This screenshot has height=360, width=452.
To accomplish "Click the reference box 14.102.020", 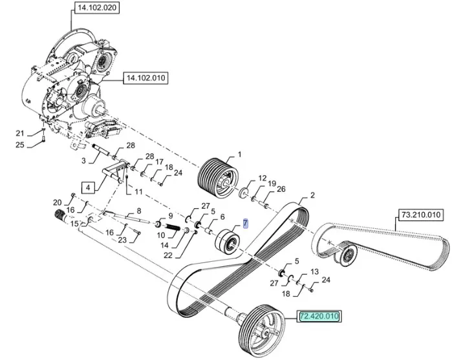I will tap(97, 8).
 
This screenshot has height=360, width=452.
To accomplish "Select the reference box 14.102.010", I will tap(145, 78).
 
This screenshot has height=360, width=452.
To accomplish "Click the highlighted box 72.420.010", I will tap(318, 317).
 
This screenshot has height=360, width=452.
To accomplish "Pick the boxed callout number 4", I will tap(88, 188).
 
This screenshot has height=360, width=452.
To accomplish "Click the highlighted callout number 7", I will tap(245, 224).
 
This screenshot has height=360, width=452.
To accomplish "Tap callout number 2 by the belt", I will tap(312, 195).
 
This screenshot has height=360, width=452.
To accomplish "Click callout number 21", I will tap(19, 133).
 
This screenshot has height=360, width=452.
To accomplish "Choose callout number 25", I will tap(19, 145).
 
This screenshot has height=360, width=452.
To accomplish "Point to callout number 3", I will tap(83, 160).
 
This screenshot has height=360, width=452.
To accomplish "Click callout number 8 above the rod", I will tap(138, 211).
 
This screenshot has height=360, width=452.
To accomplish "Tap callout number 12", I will tap(262, 178).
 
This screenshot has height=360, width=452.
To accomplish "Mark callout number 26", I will tap(281, 189).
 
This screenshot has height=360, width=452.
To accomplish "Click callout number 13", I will tap(314, 271).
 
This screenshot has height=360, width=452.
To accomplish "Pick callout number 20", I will tap(57, 202).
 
